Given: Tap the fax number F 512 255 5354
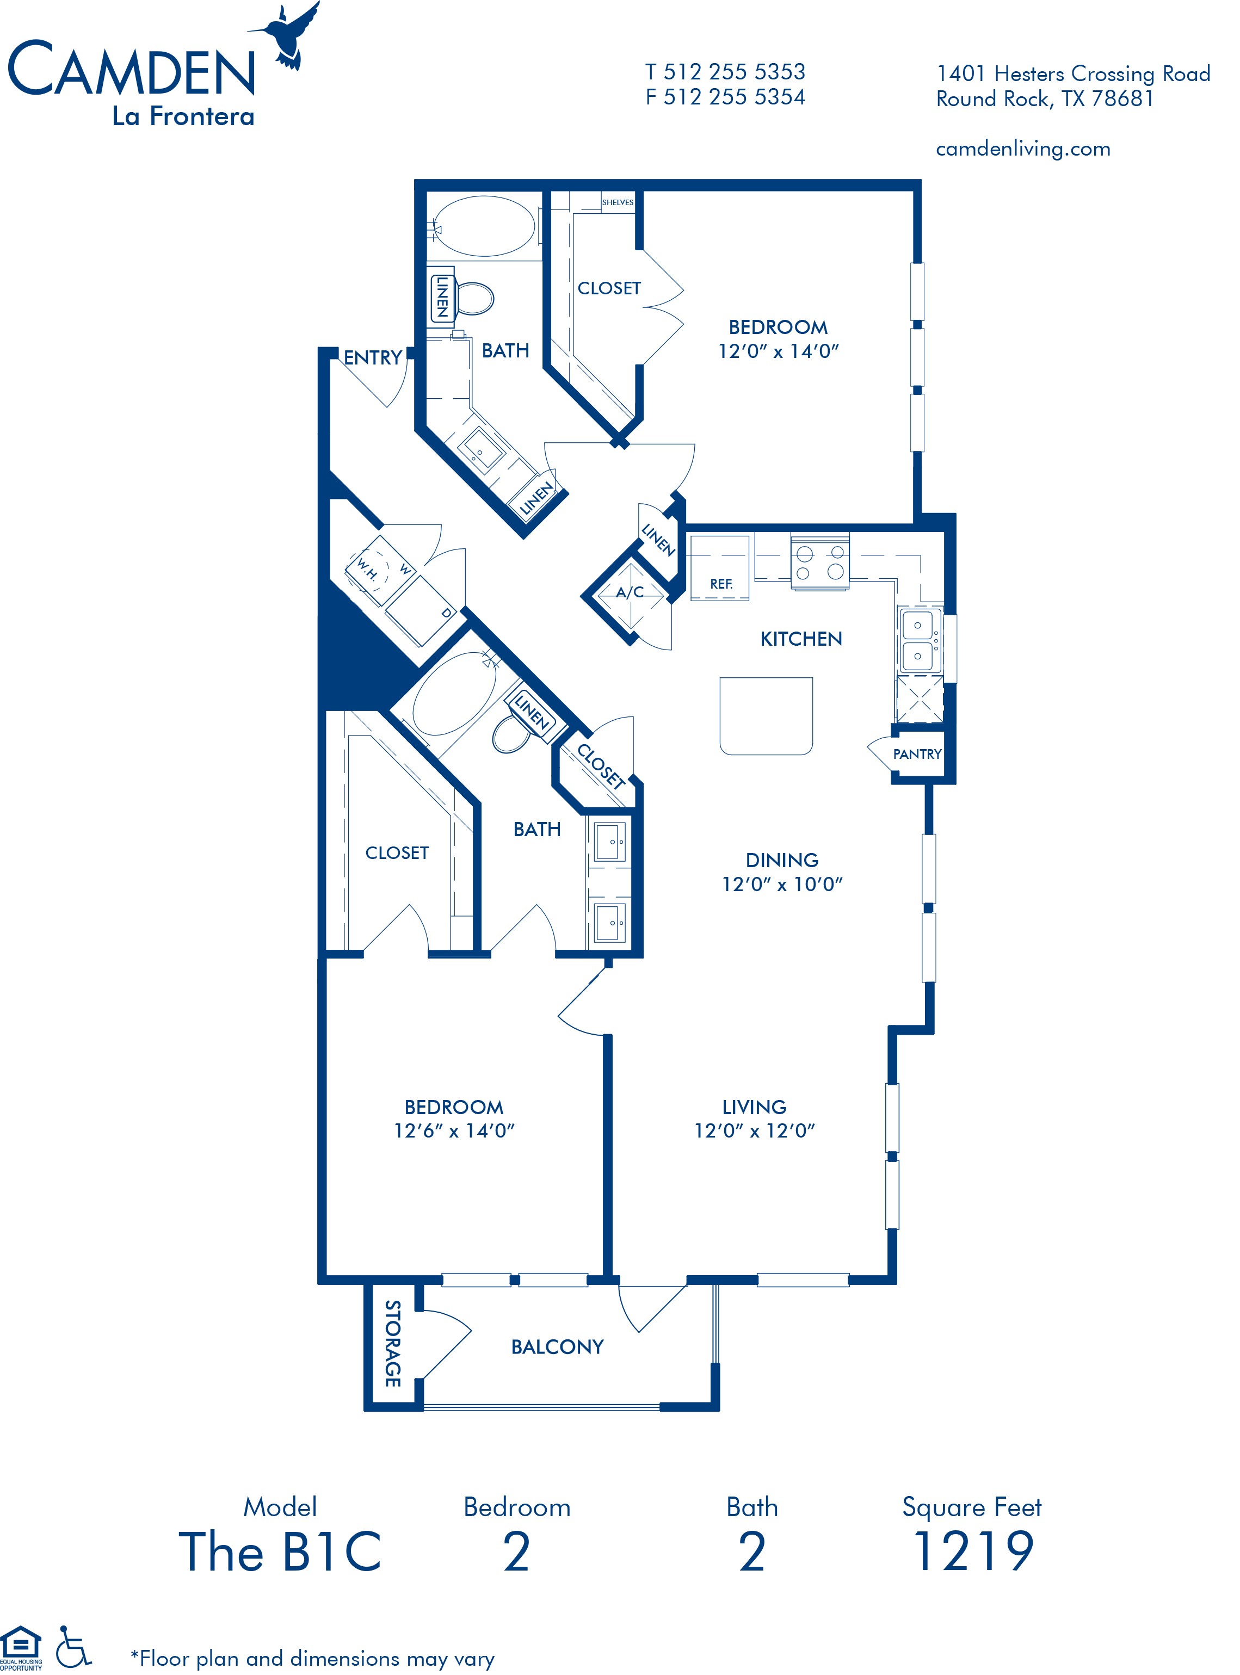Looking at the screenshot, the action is click(x=725, y=97).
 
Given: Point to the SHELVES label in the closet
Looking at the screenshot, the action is click(x=618, y=202).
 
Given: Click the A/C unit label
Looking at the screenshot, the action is click(x=630, y=592).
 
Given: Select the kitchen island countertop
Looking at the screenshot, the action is click(x=766, y=716).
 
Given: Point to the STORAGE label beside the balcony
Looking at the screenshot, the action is click(x=392, y=1343).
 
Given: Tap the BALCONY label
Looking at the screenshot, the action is click(x=557, y=1347).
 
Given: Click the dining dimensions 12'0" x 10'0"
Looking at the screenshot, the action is click(x=782, y=884).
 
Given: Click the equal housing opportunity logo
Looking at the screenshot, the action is click(x=21, y=1648).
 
